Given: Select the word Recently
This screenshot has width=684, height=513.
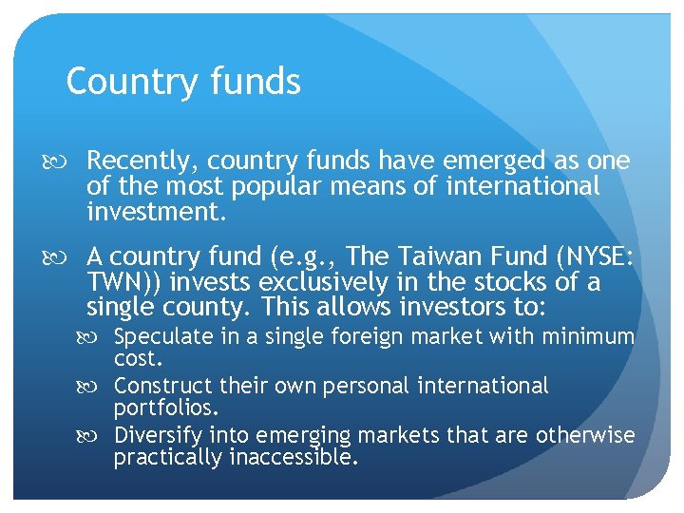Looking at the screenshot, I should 142,162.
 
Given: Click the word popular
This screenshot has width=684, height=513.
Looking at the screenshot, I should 282,186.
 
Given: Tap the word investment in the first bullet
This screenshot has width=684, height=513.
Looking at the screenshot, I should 155,211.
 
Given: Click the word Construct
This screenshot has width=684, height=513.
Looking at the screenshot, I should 162,387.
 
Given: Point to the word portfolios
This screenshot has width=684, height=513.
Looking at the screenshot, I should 165,408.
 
